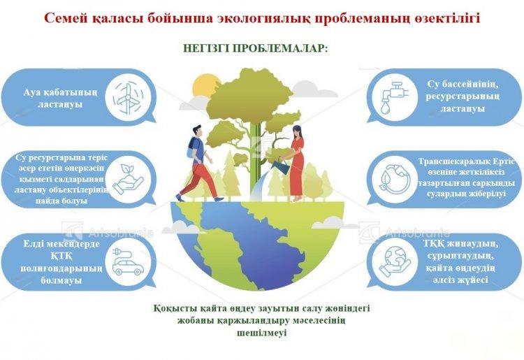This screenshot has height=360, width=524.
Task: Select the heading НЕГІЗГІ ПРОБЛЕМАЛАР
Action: [x=256, y=48]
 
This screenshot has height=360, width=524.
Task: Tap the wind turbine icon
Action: [x=127, y=98]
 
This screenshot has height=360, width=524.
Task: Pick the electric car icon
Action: [x=127, y=261]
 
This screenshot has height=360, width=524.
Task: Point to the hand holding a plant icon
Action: [x=127, y=180]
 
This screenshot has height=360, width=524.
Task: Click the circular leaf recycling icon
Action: [x=395, y=179]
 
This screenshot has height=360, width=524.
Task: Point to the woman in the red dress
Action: [x=297, y=164]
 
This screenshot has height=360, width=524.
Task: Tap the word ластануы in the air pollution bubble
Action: [x=60, y=104]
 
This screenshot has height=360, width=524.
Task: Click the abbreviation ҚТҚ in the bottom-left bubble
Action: [x=61, y=257]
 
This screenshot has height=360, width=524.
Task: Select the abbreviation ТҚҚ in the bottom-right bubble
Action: [x=435, y=244]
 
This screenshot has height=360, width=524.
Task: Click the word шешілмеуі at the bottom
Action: [x=262, y=333]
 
